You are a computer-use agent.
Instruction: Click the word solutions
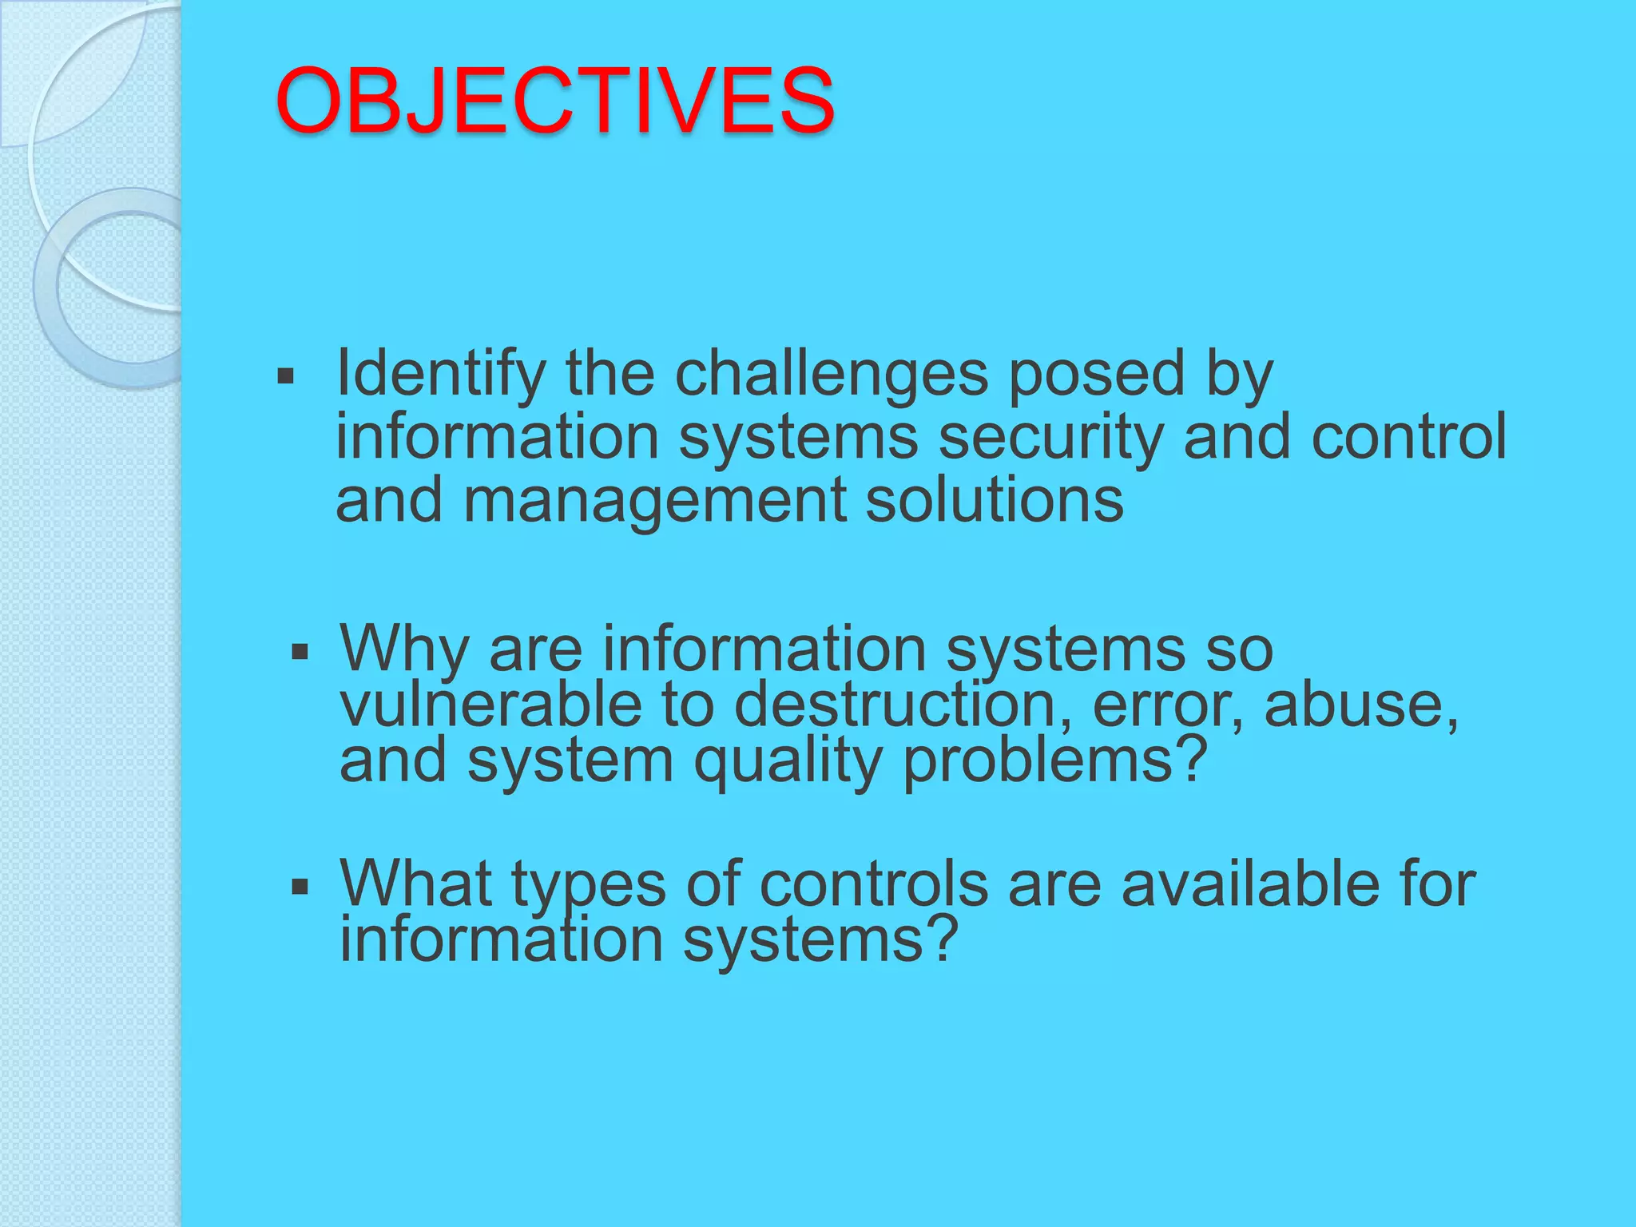[x=995, y=500]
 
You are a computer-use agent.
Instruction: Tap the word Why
[x=404, y=649]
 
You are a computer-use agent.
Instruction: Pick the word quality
[x=788, y=761]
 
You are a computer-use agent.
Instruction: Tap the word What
[x=415, y=884]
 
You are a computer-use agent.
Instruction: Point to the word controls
[x=874, y=884]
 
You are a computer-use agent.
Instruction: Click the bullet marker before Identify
[x=285, y=375]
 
